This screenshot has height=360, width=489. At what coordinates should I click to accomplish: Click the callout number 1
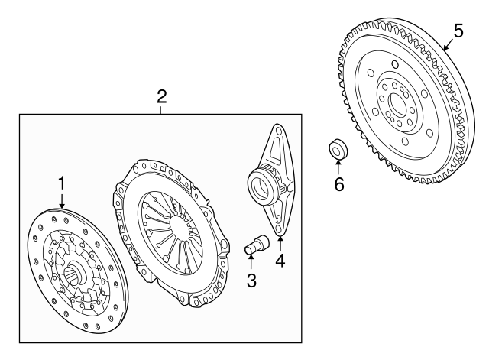62,183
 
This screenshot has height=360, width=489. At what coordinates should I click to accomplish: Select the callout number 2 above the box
161,97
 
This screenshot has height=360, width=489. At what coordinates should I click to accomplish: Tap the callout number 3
251,281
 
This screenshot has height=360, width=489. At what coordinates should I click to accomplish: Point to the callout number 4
280,261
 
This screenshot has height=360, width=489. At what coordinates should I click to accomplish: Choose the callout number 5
458,31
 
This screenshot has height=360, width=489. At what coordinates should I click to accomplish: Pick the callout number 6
339,184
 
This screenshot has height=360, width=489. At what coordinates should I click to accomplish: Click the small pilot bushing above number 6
338,149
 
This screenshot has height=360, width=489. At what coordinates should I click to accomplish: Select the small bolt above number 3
256,245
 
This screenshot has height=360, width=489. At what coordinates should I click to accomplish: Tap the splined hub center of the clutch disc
75,271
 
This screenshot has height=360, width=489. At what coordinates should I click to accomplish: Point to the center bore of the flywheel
400,104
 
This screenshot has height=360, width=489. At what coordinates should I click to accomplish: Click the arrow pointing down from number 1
62,200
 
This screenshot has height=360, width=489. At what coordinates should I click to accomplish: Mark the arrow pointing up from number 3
251,262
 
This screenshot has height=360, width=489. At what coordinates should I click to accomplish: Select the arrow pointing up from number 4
280,244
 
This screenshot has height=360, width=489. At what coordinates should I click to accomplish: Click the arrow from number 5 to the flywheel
449,44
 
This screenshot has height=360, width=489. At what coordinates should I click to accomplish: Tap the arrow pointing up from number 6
338,167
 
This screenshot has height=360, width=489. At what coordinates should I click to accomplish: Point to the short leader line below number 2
160,110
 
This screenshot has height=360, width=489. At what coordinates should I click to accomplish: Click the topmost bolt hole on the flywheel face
395,65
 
